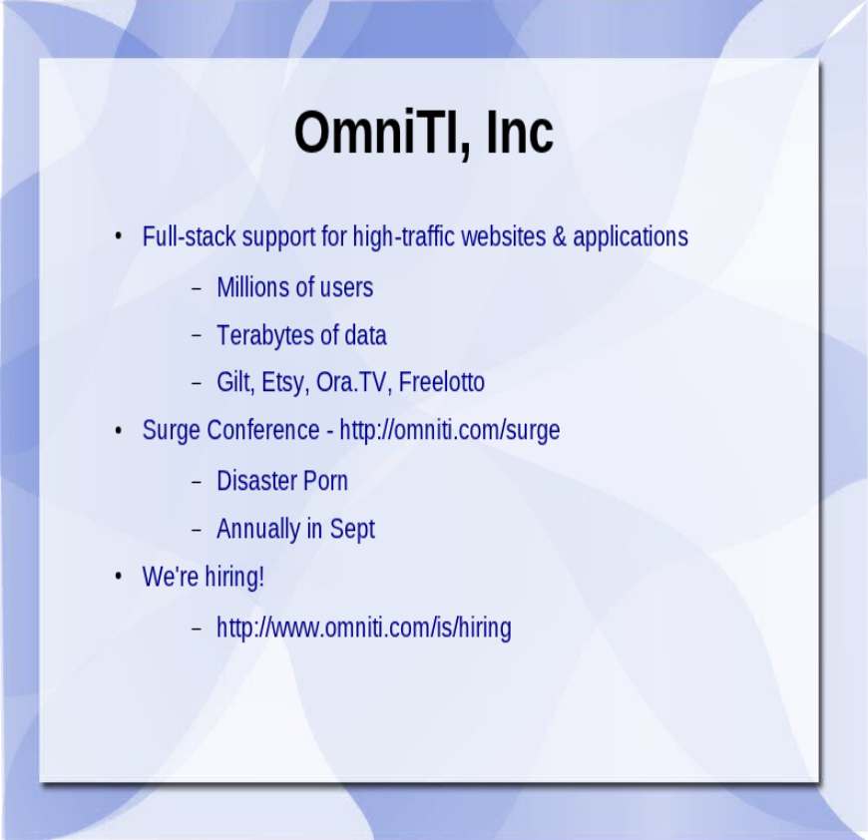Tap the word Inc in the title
tap(520, 132)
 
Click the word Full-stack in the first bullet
tap(190, 236)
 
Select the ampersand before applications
tap(560, 236)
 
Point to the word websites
tap(503, 236)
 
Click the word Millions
tap(253, 287)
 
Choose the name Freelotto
tap(441, 382)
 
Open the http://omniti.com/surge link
tap(450, 431)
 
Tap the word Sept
tap(352, 530)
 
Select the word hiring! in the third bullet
tap(234, 578)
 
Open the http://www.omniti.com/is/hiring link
tap(364, 629)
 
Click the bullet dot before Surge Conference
tap(118, 430)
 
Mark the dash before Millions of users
tap(196, 288)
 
